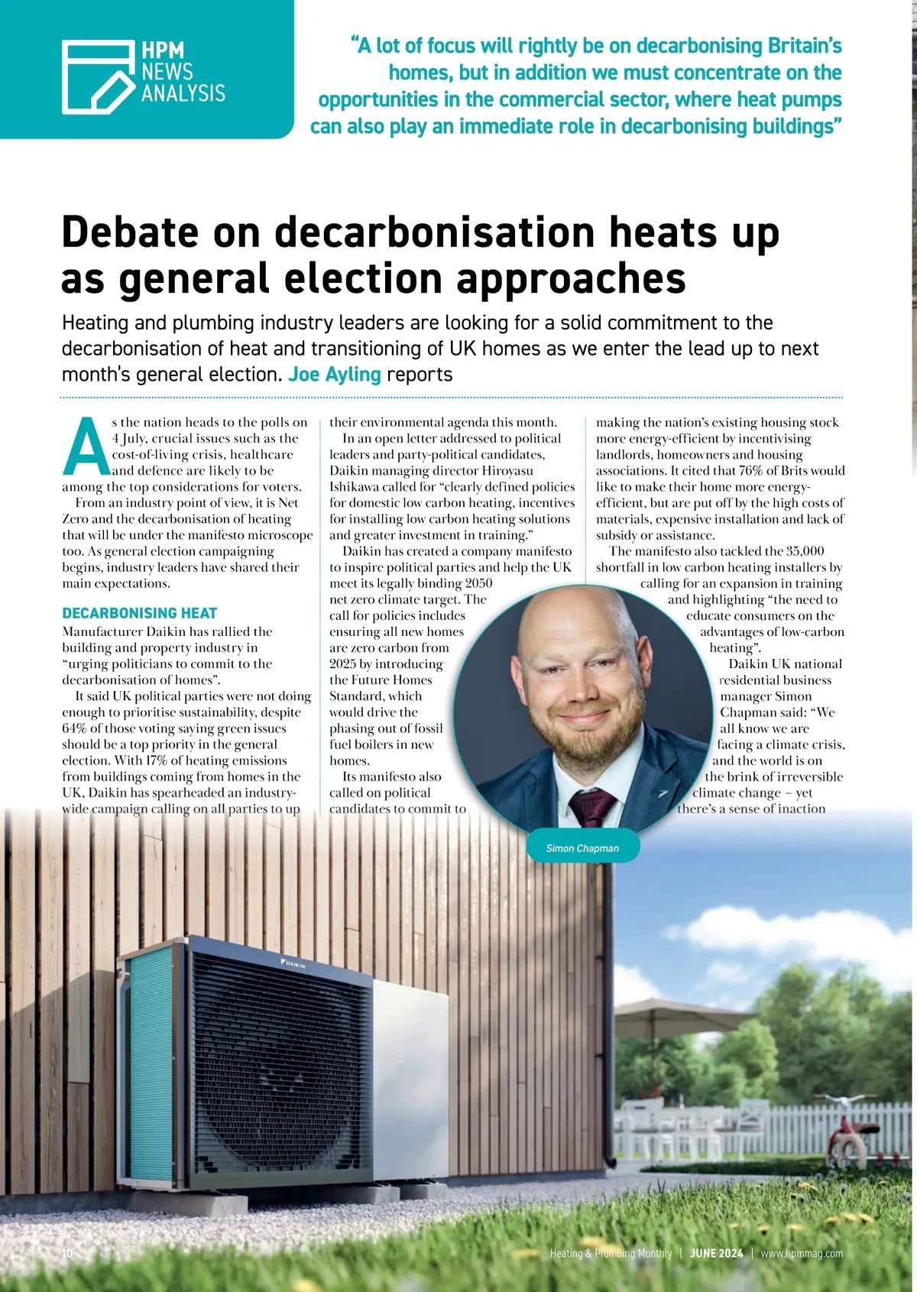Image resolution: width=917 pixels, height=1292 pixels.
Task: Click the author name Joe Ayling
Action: (334, 375)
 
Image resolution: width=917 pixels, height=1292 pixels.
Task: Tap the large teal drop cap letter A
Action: (86, 446)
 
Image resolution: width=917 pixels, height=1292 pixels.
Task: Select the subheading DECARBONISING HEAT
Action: (139, 613)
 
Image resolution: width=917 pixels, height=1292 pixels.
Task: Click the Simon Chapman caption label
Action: (582, 848)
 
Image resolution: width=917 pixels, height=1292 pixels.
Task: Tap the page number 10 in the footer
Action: (66, 1254)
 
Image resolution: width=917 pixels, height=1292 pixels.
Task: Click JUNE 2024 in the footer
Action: (716, 1254)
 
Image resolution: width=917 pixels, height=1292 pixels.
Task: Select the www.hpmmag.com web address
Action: (802, 1254)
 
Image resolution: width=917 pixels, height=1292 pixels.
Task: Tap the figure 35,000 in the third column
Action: (805, 551)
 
